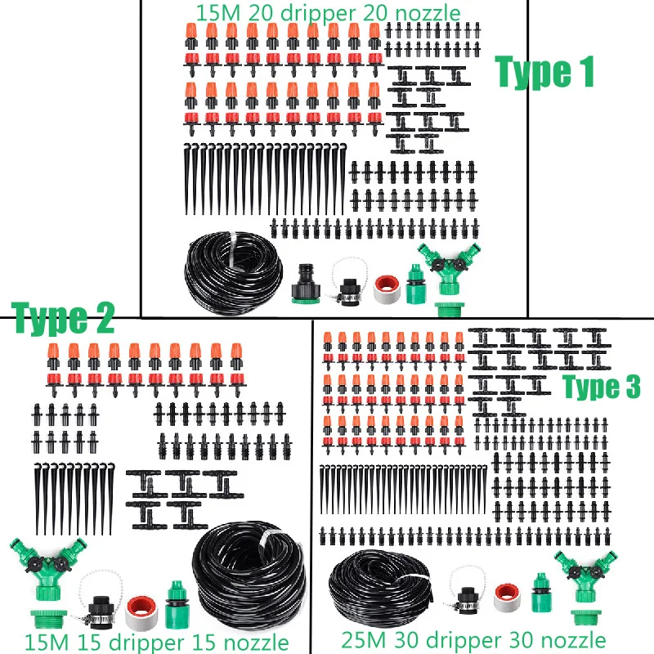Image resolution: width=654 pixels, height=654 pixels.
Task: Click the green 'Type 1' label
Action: [544, 73]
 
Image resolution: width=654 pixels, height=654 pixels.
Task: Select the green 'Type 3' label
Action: [601, 387]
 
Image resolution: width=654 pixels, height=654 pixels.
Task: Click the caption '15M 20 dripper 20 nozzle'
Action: [328, 12]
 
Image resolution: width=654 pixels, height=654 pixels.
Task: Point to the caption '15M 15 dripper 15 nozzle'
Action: [155, 642]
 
